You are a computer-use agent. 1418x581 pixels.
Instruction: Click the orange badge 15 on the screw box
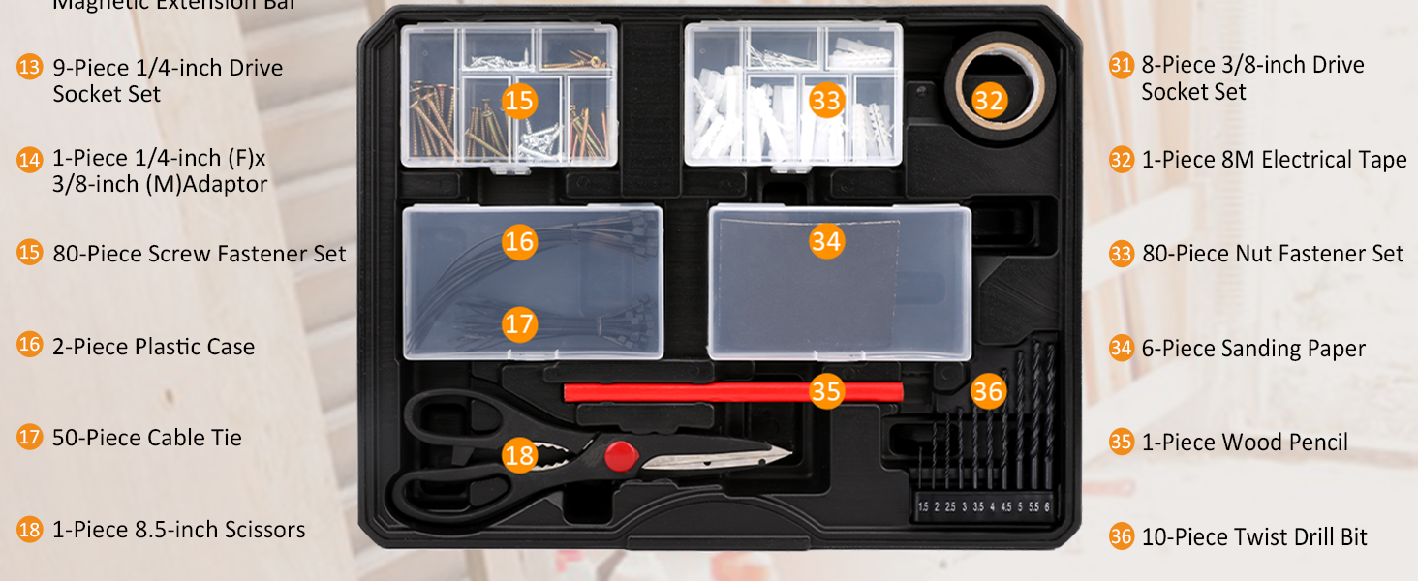click(520, 101)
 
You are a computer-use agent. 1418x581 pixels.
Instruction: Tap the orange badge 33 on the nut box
click(826, 101)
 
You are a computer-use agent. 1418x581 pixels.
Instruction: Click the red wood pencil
click(697, 391)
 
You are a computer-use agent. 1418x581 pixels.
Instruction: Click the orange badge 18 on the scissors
click(520, 455)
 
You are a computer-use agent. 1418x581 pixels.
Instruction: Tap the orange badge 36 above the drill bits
click(988, 391)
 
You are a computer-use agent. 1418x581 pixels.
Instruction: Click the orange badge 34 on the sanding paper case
click(826, 240)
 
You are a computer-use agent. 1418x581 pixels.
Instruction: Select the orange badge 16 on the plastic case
click(520, 240)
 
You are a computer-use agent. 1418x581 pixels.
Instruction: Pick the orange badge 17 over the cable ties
click(520, 323)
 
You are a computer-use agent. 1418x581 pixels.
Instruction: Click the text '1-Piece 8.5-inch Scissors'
click(179, 530)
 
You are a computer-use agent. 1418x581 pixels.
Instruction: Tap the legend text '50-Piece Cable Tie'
click(147, 438)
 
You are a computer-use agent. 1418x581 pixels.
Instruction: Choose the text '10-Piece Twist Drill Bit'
click(1254, 537)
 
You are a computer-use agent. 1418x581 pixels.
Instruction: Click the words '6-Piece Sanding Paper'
click(1253, 349)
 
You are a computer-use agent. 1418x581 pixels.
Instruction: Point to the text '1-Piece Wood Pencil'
click(1245, 443)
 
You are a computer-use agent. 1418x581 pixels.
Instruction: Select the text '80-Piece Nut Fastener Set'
click(1273, 254)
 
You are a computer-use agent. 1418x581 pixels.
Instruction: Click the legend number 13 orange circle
click(30, 68)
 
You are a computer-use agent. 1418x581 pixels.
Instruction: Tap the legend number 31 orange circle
click(1122, 66)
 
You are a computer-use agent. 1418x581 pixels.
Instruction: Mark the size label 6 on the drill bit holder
click(1047, 507)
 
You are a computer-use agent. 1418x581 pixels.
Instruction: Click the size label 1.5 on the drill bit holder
click(923, 507)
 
